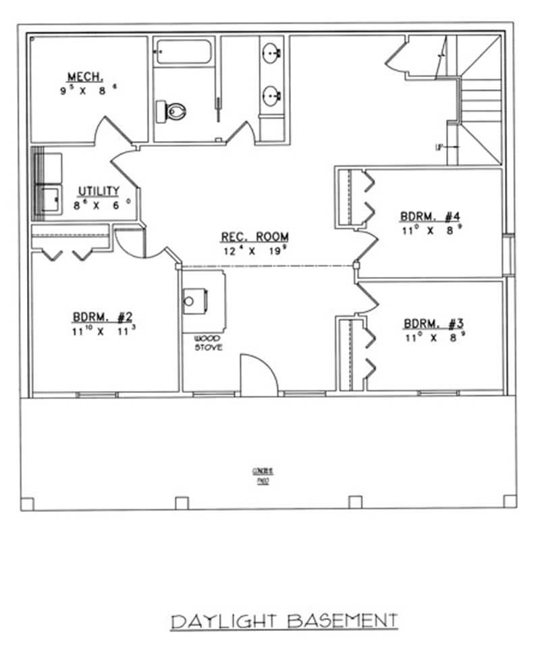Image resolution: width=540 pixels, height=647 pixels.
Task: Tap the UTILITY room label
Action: point(99,191)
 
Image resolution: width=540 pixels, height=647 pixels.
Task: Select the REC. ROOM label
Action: point(254,237)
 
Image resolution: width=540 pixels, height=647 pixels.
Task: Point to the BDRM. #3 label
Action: point(431,323)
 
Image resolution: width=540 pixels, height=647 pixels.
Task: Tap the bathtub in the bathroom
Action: point(184,53)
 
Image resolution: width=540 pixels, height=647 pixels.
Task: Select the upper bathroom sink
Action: point(272,52)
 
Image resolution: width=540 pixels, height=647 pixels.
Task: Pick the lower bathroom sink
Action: point(272,95)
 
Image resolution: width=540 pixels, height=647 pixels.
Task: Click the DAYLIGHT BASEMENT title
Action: point(283,620)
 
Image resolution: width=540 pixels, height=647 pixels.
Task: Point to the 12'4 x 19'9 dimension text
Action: point(254,251)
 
